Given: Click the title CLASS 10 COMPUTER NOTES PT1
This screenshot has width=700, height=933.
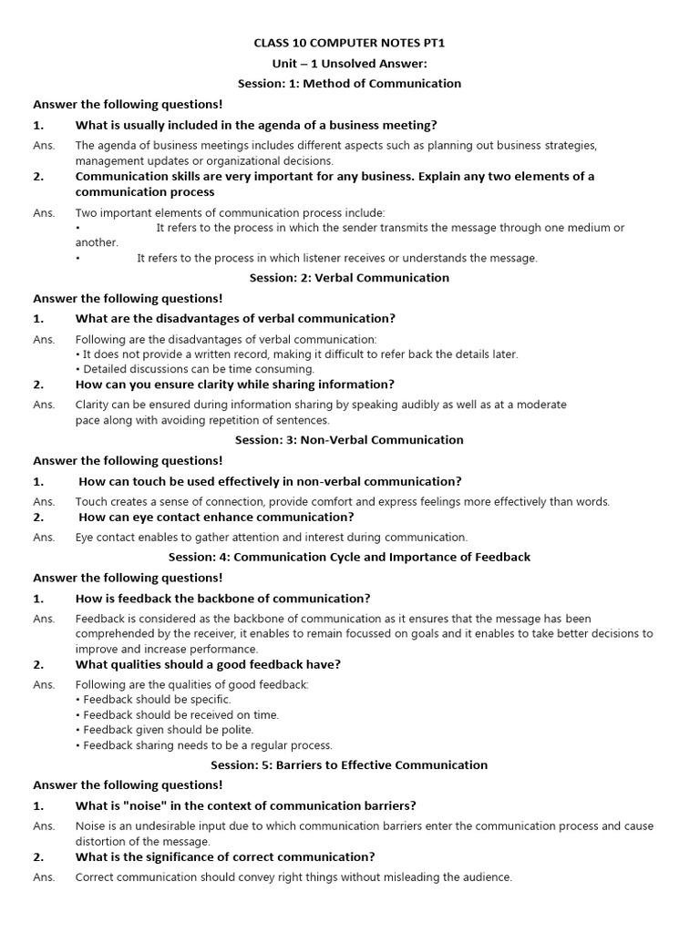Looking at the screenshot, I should (x=349, y=43).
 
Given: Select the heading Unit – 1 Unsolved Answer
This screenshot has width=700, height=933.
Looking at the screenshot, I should (x=349, y=63).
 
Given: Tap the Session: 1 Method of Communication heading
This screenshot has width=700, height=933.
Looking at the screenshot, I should (x=349, y=84).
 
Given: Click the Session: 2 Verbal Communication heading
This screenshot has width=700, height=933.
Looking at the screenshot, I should (x=349, y=278).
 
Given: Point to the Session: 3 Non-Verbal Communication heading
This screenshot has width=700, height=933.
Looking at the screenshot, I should (x=349, y=440).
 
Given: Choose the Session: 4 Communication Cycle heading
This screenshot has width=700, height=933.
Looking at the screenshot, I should (x=349, y=557).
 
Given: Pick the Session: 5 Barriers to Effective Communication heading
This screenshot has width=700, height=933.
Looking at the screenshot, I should (x=349, y=765).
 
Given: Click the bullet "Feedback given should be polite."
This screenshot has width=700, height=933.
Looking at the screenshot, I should (x=168, y=730).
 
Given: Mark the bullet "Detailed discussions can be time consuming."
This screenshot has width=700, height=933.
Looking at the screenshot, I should (x=198, y=369).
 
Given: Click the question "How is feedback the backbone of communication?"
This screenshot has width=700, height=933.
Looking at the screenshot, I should (x=222, y=599).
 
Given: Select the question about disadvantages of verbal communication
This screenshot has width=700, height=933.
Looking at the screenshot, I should (x=235, y=319).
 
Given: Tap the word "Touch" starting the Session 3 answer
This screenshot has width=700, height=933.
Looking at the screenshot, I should (x=92, y=502).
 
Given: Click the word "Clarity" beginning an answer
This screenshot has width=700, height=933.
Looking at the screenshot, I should (x=94, y=405).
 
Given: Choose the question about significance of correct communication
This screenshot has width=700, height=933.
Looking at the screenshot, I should (x=224, y=857).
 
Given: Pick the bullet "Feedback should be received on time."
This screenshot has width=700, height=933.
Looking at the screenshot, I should (x=180, y=715).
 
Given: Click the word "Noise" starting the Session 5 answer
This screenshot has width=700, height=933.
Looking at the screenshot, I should (x=93, y=826).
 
